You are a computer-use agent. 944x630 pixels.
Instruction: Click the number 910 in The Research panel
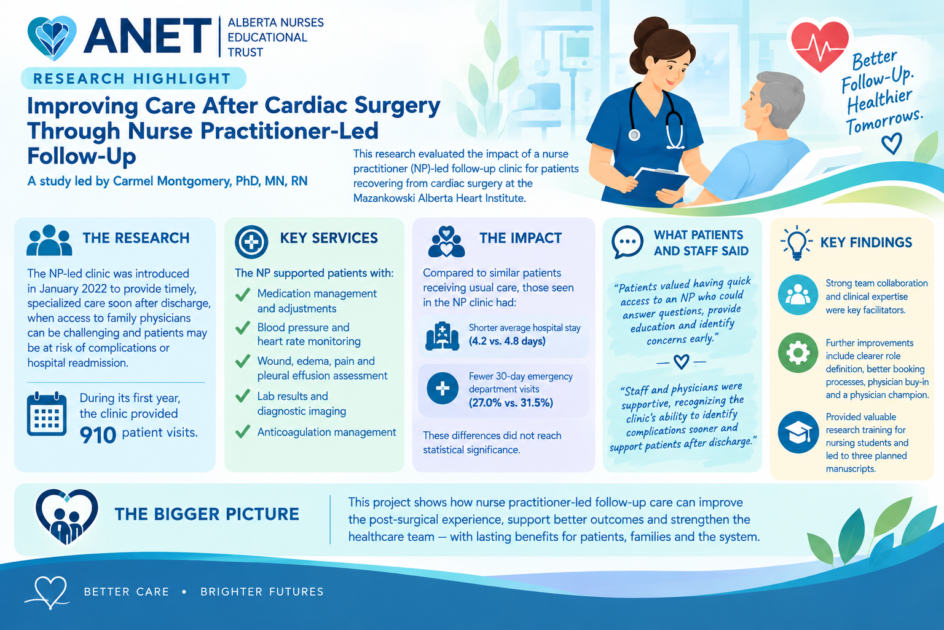coord(98,435)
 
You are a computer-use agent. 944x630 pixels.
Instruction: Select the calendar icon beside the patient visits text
coord(47,414)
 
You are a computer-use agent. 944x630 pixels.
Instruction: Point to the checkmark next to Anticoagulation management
coord(243,432)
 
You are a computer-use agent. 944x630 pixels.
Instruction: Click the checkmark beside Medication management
coord(243,294)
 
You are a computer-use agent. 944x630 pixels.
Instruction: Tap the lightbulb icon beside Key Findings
coord(796,242)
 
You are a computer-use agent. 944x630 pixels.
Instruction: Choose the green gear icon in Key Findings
coord(798,353)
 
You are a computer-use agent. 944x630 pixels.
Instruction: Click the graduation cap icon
coord(798,433)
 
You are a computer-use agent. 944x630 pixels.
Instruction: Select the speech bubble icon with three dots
coord(627,242)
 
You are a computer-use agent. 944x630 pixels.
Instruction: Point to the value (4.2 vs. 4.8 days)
coord(507,341)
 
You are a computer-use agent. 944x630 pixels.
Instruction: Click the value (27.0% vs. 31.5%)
coord(511,402)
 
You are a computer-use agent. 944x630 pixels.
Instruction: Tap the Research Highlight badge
coord(133,79)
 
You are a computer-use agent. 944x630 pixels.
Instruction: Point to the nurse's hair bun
coord(651,30)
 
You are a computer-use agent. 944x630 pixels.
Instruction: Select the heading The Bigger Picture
coord(207,514)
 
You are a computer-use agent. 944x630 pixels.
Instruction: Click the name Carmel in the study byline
coord(133,181)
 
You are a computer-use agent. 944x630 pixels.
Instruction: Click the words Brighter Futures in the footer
coord(262,592)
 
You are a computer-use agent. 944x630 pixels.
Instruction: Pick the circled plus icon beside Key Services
coord(251,242)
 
